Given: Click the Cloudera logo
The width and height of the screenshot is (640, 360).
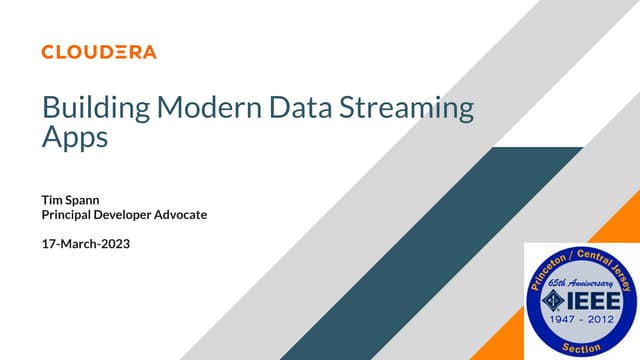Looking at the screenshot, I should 99,51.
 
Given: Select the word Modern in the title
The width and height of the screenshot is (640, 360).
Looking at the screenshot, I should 194,107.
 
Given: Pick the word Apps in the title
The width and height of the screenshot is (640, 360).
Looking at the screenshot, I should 74,138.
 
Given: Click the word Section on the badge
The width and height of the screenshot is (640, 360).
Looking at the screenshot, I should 582,347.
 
